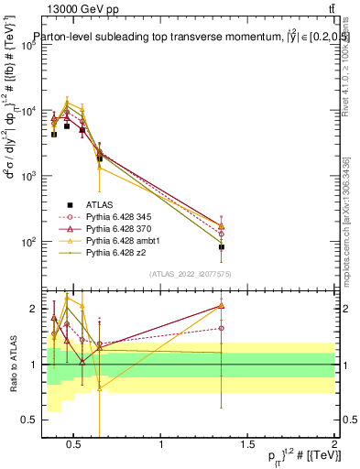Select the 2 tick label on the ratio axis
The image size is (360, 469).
pyautogui.click(x=34, y=309)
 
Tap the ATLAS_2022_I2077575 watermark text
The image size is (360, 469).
pyautogui.click(x=190, y=274)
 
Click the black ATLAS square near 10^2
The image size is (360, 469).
pyautogui.click(x=222, y=247)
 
